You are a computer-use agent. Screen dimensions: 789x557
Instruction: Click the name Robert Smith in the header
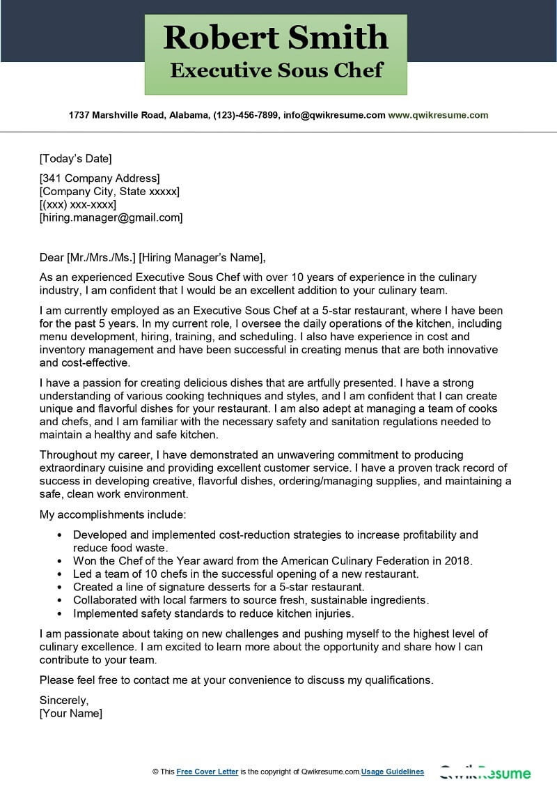tap(276, 38)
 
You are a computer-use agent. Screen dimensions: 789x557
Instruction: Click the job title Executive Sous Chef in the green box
tap(276, 70)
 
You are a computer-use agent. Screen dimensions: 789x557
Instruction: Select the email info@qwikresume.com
tap(333, 115)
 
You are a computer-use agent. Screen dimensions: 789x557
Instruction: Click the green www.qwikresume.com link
tap(438, 115)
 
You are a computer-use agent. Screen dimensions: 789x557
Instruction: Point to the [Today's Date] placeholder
tap(76, 158)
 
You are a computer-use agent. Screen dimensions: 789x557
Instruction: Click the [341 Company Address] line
tap(100, 178)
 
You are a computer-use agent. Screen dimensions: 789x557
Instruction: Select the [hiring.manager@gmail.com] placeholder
tap(111, 217)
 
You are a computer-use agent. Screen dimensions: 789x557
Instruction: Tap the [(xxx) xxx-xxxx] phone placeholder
tap(78, 204)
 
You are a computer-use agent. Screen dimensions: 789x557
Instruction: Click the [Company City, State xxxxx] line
tap(109, 191)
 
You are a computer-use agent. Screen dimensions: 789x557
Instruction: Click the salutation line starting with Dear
tap(153, 257)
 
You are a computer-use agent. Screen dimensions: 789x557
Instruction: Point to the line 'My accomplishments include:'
tap(113, 514)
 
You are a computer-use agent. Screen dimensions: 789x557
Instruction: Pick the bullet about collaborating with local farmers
tap(251, 600)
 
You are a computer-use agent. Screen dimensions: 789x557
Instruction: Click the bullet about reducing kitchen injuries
tap(214, 613)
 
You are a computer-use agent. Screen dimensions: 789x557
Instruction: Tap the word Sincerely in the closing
tap(64, 700)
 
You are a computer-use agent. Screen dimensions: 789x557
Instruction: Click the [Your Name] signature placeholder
tap(71, 713)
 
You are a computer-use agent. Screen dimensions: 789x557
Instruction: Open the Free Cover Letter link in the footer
tap(207, 772)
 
